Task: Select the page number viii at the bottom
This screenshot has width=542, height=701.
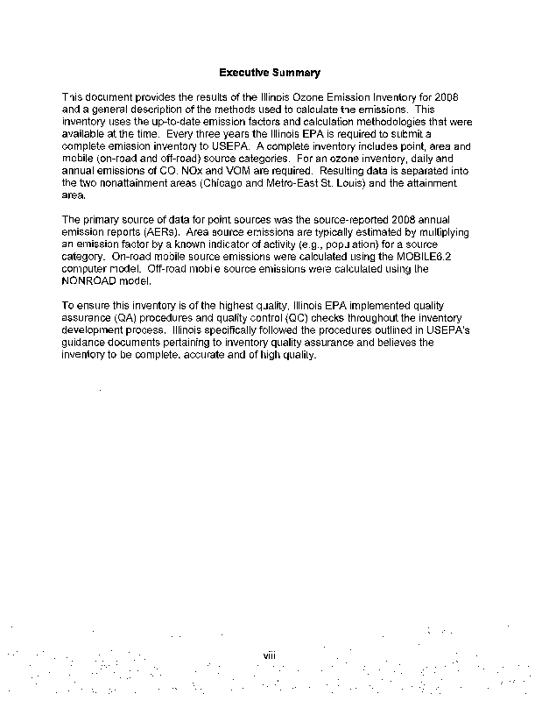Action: click(271, 653)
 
